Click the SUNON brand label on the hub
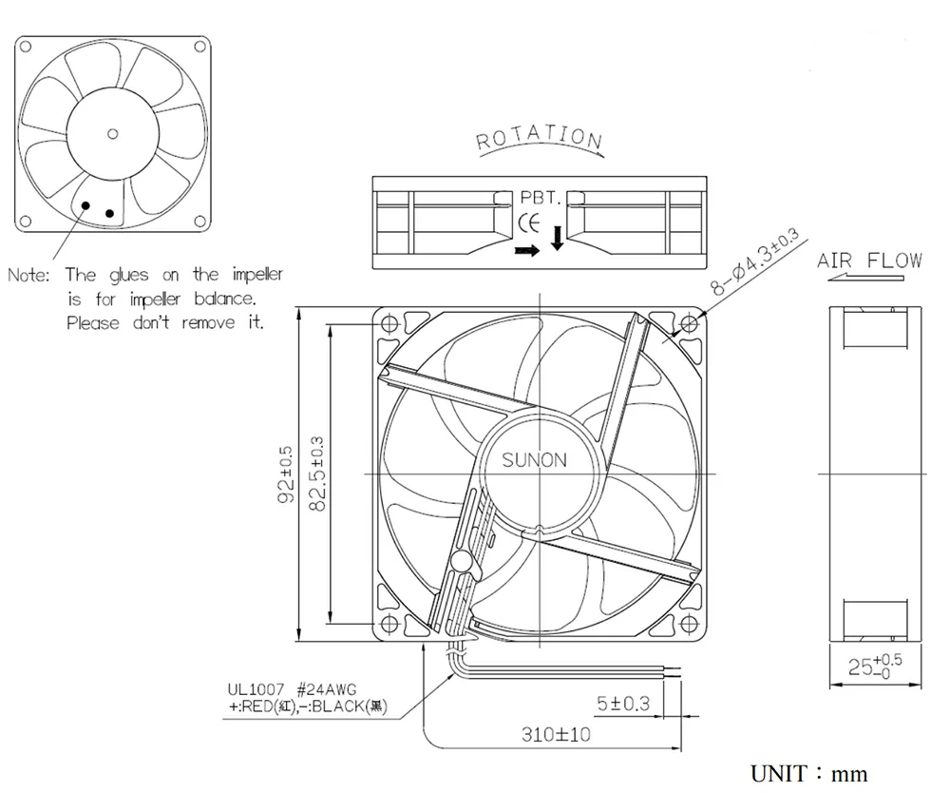pyautogui.click(x=534, y=460)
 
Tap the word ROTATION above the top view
pyautogui.click(x=539, y=138)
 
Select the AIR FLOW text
pyautogui.click(x=869, y=260)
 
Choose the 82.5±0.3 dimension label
pyautogui.click(x=317, y=473)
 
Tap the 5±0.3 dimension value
pyautogui.click(x=622, y=705)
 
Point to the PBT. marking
pyautogui.click(x=539, y=199)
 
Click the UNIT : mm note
pyautogui.click(x=809, y=774)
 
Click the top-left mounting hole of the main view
pyautogui.click(x=389, y=323)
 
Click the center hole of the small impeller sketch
pyautogui.click(x=113, y=133)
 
